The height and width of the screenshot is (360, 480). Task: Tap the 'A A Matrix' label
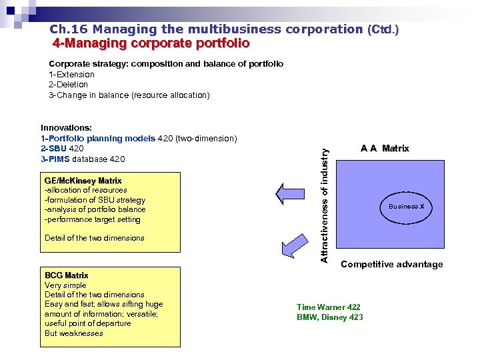385,149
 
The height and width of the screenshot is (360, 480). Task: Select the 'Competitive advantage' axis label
391,265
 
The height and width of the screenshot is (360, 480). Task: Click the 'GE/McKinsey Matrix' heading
83,181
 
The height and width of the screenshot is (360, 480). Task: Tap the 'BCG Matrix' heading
66,275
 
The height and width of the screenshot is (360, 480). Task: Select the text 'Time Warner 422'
329,307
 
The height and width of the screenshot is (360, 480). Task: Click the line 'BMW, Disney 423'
329,317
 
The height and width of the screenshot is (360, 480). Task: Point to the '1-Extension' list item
71,74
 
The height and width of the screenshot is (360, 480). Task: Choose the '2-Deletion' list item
68,85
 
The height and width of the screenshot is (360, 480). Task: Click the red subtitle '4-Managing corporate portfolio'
151,43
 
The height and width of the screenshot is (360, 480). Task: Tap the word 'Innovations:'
66,127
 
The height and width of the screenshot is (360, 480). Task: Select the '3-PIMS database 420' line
82,159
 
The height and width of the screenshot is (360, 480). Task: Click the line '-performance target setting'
92,219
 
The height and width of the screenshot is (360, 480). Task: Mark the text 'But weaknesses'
73,333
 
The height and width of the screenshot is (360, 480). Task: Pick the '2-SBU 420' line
62,149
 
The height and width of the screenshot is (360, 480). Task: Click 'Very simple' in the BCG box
65,285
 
